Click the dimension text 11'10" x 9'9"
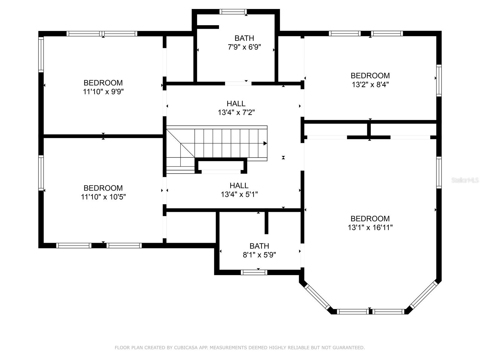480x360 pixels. tap(103, 92)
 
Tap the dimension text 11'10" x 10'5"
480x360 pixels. tap(103, 197)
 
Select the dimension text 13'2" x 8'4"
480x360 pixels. tap(370, 85)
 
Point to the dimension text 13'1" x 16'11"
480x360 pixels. tap(370, 227)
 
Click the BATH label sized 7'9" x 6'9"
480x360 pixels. tap(244, 38)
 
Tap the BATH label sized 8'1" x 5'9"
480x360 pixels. tap(259, 246)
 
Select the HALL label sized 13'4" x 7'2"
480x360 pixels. tap(236, 103)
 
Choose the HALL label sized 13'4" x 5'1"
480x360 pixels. tap(239, 185)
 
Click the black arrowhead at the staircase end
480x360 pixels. tap(265, 143)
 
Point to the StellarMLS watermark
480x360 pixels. tap(465, 180)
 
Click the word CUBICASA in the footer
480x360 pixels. tap(186, 347)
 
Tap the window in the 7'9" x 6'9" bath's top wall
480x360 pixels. tap(233, 12)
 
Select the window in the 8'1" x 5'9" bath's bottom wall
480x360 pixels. tap(254, 272)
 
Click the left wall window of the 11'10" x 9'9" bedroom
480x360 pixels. tap(41, 54)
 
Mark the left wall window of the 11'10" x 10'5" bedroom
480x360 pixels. tap(41, 173)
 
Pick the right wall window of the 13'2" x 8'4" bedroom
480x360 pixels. tap(439, 80)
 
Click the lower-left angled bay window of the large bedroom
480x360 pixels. tap(317, 297)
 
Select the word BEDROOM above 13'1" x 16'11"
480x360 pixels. tap(370, 219)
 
